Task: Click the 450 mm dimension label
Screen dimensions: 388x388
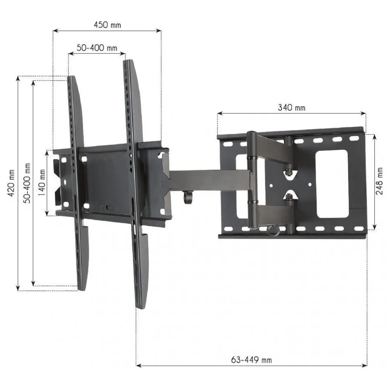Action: (107, 25)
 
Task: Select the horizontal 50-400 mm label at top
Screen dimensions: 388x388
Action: (97, 48)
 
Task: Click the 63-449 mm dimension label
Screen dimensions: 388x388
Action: (251, 360)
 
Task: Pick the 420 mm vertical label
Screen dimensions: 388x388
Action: (11, 183)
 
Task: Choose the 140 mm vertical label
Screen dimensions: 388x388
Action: (42, 183)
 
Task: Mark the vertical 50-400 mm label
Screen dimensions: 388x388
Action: (27, 183)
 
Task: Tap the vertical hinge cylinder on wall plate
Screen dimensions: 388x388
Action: (252, 180)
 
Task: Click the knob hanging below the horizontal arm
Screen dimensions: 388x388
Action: (188, 197)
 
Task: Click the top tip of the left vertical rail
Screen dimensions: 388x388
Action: (71, 77)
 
